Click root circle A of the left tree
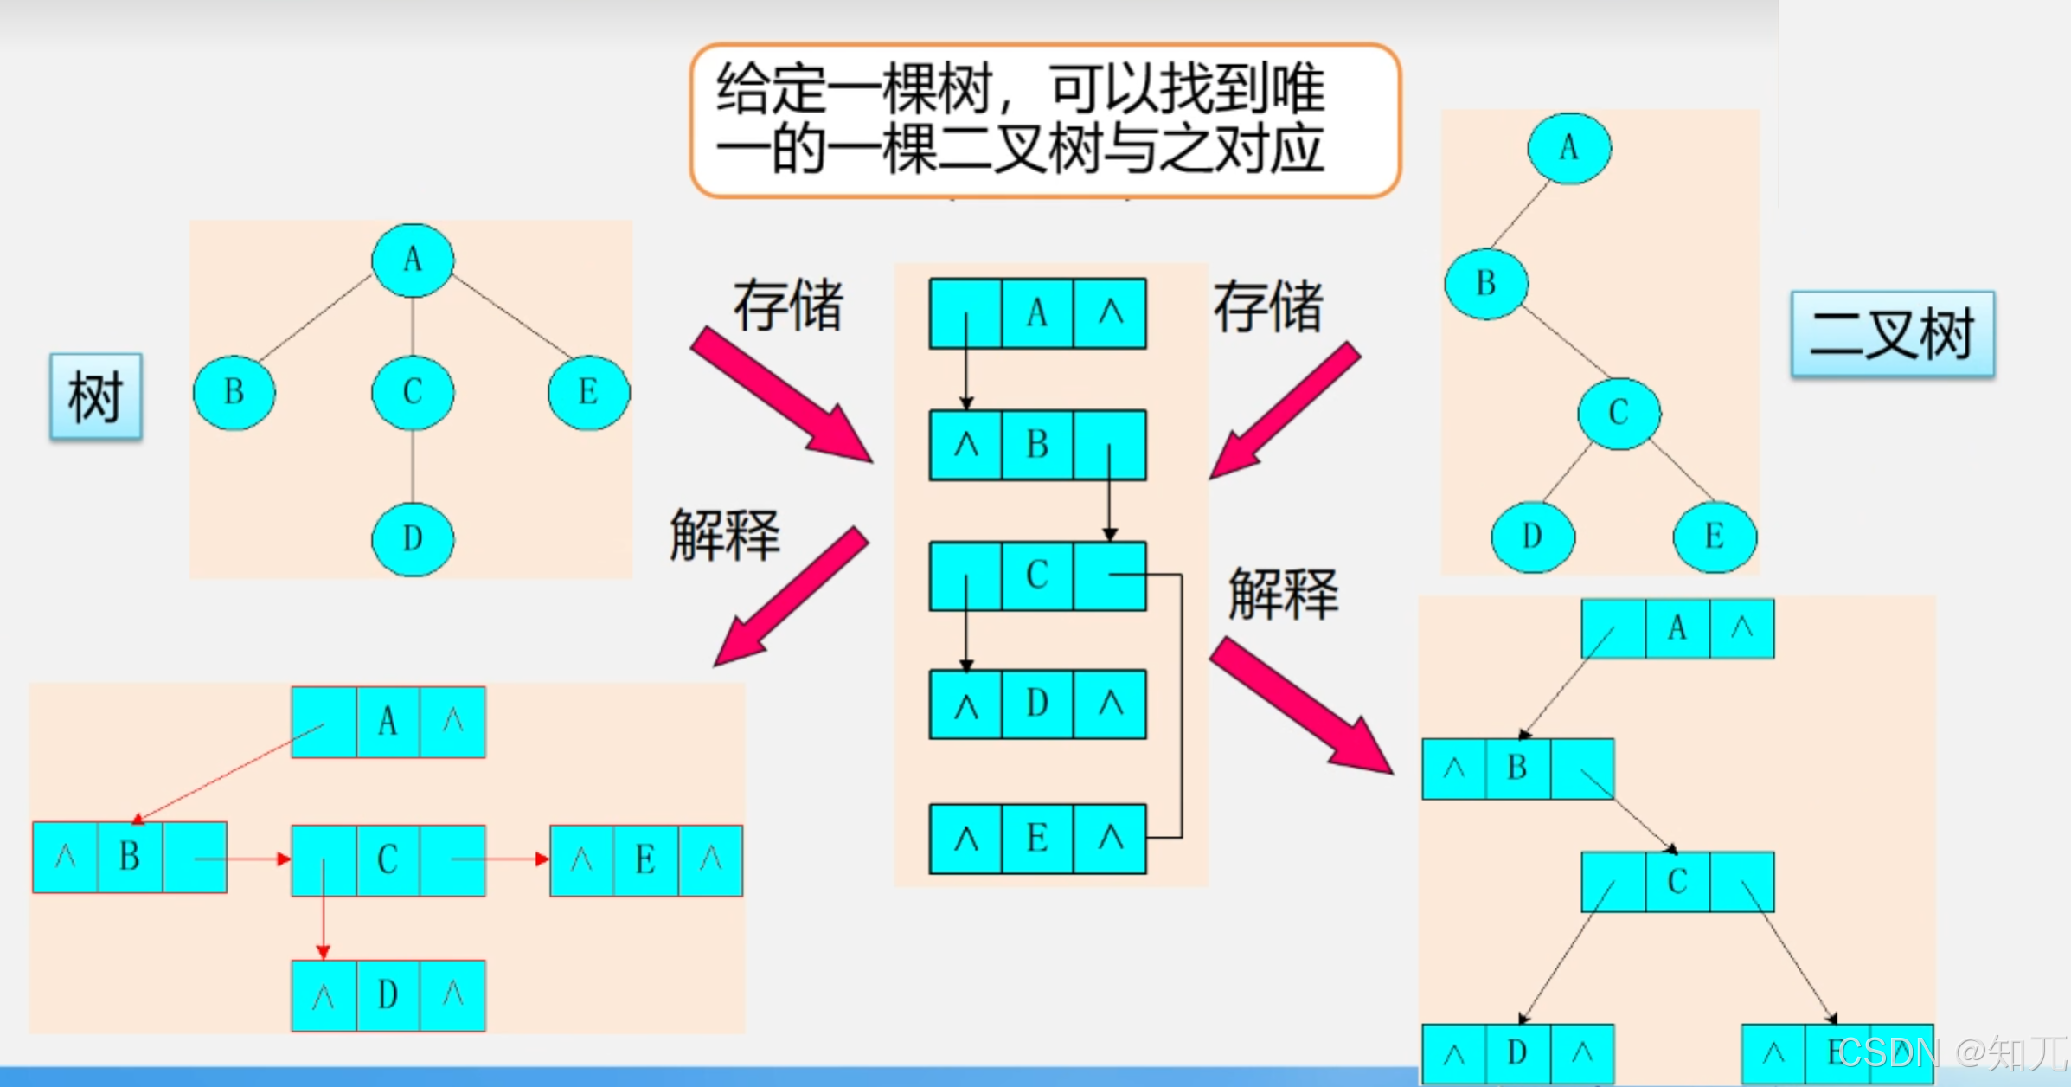point(413,260)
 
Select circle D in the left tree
point(413,538)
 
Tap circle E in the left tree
point(588,392)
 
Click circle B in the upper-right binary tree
point(1486,283)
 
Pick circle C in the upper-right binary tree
point(1619,413)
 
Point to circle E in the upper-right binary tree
point(1715,537)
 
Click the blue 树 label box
point(95,396)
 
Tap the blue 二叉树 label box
point(1892,334)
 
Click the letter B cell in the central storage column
point(1037,445)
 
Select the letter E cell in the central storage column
point(1037,838)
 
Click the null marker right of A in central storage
point(1110,313)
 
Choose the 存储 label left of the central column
point(788,306)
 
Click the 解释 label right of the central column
point(1283,595)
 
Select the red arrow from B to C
point(242,859)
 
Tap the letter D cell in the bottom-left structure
point(388,995)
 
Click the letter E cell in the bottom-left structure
point(645,860)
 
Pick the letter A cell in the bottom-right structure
point(1677,628)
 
